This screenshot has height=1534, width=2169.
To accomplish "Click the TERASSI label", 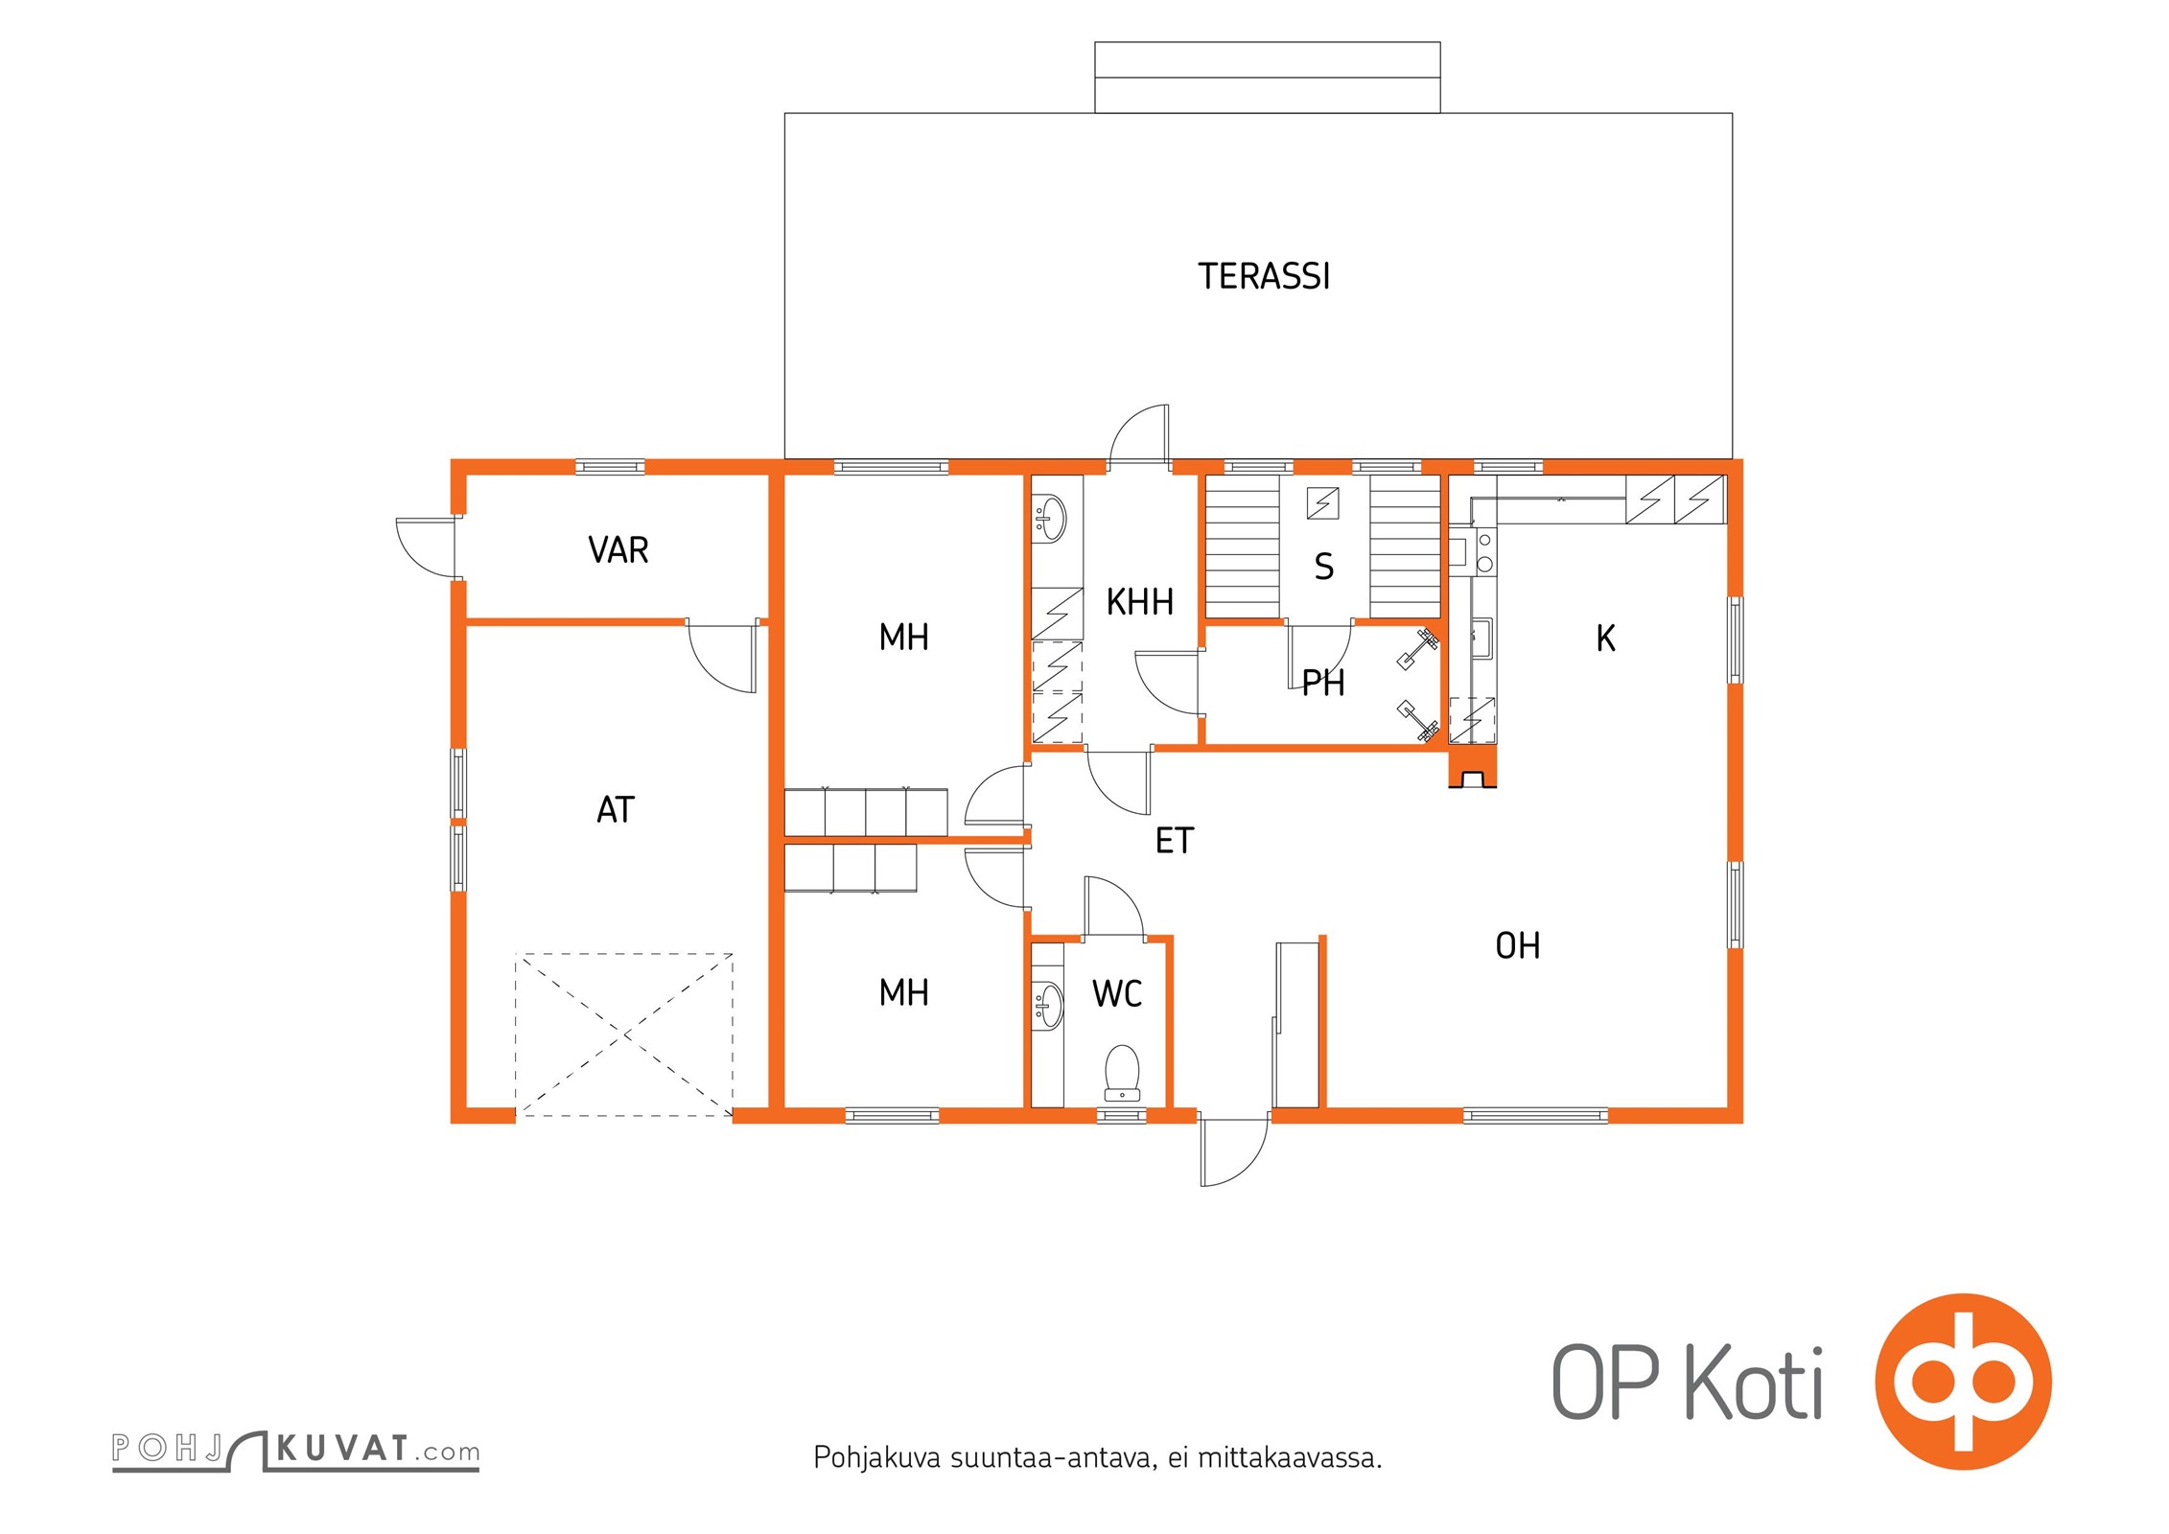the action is [x=1264, y=276].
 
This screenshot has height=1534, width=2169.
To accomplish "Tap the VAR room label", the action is [x=618, y=550].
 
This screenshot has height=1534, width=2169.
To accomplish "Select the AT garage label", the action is [x=616, y=810].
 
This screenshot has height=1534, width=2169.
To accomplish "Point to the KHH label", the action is [x=1139, y=602].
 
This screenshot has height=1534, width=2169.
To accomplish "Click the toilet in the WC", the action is [x=1122, y=1073].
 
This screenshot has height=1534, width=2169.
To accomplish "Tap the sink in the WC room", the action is [x=1050, y=1005].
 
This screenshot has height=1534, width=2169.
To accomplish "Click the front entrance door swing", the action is [x=1234, y=1152].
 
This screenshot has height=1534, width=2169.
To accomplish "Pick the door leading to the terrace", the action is [x=1139, y=436].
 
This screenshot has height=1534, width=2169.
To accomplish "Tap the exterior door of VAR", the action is [x=427, y=547].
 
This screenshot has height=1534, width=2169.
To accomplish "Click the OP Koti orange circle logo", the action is [x=1964, y=1382].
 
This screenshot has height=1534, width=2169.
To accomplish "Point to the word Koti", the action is [x=1754, y=1382].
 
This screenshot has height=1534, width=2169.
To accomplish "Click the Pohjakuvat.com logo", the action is [x=295, y=1449].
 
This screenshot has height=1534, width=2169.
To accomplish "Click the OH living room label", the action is [x=1518, y=946].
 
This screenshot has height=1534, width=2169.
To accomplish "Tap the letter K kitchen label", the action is [x=1605, y=639].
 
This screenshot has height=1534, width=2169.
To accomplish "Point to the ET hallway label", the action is [x=1175, y=841].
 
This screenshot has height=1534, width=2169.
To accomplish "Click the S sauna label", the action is [x=1324, y=567].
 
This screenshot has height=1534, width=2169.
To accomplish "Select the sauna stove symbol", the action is [x=1322, y=502].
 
